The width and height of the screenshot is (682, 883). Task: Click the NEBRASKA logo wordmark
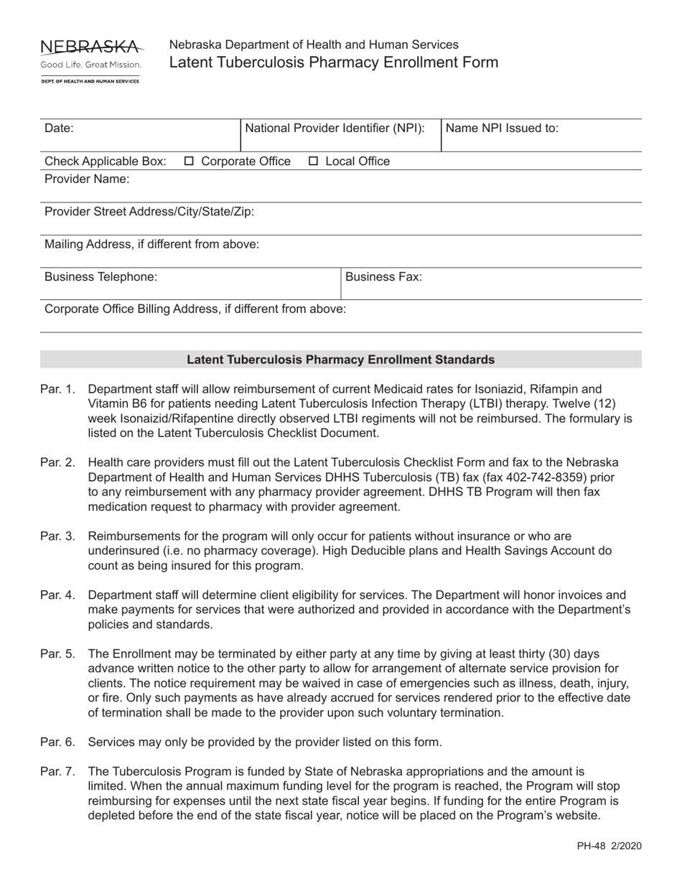[x=91, y=47]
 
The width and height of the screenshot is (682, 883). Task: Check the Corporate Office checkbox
[x=190, y=162]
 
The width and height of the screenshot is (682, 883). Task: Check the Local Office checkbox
[x=314, y=162]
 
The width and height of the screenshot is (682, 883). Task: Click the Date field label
[x=59, y=129]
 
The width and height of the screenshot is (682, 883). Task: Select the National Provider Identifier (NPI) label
[x=335, y=129]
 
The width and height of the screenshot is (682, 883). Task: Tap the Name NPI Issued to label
[x=503, y=129]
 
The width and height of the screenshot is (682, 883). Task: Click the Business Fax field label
[x=384, y=276]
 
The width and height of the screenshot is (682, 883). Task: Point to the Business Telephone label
[x=101, y=276]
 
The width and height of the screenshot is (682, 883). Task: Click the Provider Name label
[x=87, y=179]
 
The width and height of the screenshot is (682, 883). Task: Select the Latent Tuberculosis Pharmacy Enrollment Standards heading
[x=340, y=360]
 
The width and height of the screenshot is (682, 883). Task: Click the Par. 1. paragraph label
[x=57, y=389]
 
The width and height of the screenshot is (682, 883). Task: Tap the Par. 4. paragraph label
[x=57, y=595]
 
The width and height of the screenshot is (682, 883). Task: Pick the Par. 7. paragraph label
[x=57, y=772]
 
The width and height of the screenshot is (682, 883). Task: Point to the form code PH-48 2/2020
[x=609, y=846]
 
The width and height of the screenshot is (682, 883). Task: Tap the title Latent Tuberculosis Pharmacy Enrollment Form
[x=333, y=62]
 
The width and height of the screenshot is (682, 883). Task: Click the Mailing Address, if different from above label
[x=151, y=244]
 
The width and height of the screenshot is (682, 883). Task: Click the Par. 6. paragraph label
[x=57, y=742]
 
